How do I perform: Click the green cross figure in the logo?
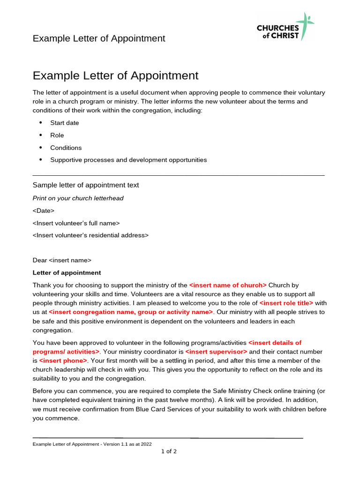pos(307,26)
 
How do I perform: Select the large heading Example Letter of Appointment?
pos(115,75)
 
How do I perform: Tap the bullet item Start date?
pos(65,123)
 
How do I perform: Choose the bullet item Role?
pos(57,135)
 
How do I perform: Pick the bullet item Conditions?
pos(66,148)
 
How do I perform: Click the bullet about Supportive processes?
pos(128,160)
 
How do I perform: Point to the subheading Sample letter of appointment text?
pos(86,185)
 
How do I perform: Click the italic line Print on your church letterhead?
pos(78,198)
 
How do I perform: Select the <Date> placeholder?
pos(44,211)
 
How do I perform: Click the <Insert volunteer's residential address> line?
pos(90,235)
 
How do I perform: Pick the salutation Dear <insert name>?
pos(62,260)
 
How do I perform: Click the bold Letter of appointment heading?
pos(67,273)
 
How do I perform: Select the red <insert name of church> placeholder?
pos(228,285)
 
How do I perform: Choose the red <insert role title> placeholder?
pos(286,303)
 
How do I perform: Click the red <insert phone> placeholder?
pos(63,360)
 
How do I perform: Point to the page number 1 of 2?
pos(169,451)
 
